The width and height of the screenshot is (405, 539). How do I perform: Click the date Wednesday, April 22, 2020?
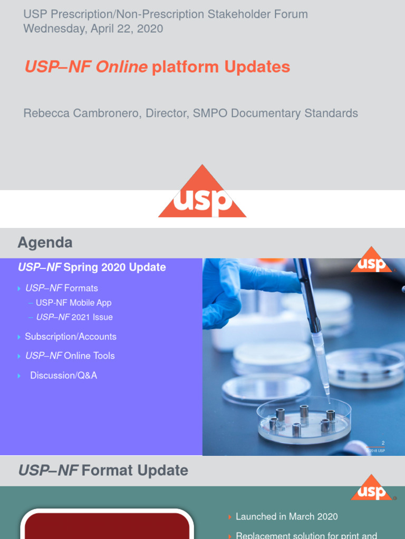tap(93, 28)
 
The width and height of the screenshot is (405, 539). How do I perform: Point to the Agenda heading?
tap(45, 243)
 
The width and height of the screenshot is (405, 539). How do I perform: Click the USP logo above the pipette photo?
tap(372, 262)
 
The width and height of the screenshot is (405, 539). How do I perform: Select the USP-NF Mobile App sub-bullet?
tap(73, 303)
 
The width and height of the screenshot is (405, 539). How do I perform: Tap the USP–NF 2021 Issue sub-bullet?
tap(74, 317)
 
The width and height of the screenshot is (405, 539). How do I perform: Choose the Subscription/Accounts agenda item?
tap(71, 336)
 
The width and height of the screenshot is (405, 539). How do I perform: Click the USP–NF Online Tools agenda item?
tap(70, 356)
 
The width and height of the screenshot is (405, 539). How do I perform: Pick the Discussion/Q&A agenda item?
tap(63, 375)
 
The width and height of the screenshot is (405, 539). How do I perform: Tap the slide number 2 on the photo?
tap(383, 443)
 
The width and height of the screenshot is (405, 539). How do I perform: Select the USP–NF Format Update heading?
tap(103, 470)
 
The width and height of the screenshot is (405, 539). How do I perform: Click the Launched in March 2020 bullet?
tap(286, 516)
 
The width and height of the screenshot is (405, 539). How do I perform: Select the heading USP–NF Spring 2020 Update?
tap(92, 267)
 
